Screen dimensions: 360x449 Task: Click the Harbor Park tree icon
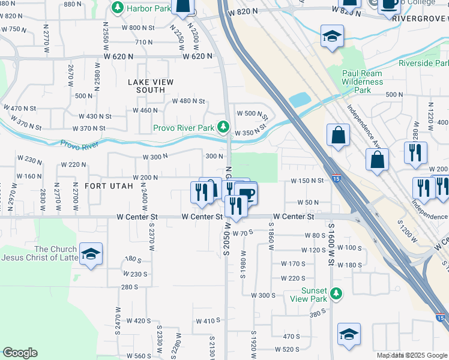[x=118, y=8]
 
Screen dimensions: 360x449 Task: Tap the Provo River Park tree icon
[x=223, y=127]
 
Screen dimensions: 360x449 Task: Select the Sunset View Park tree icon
[x=337, y=294]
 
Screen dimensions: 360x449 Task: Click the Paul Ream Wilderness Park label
[x=362, y=82]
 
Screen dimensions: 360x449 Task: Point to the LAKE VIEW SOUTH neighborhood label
[x=150, y=86]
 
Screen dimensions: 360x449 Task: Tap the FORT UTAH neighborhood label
[x=109, y=187]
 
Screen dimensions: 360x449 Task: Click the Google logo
[x=20, y=352]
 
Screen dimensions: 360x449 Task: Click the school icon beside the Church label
[x=91, y=254]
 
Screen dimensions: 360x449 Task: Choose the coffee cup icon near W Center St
[x=246, y=193]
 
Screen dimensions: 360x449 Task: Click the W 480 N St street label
[x=188, y=101]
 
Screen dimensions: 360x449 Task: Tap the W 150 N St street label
[x=307, y=181]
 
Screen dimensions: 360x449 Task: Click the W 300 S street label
[x=262, y=295]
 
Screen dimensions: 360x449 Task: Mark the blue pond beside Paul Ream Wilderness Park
[x=300, y=99]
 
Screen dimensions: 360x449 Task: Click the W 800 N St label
[x=138, y=28]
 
